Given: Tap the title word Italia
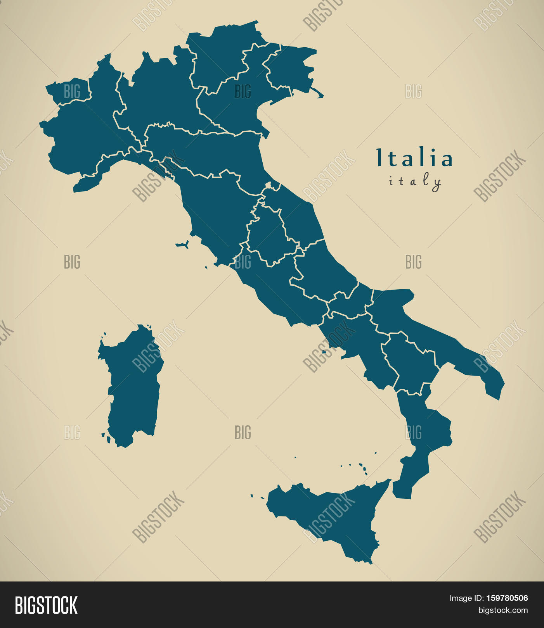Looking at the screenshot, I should (x=414, y=158).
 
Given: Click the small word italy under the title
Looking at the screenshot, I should (x=415, y=181).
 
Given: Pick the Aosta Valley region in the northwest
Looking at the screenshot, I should (x=70, y=92).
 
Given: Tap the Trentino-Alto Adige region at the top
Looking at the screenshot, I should (x=221, y=54).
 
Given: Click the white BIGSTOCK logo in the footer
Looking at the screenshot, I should (x=46, y=605).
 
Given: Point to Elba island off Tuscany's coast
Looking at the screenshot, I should (x=182, y=245).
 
